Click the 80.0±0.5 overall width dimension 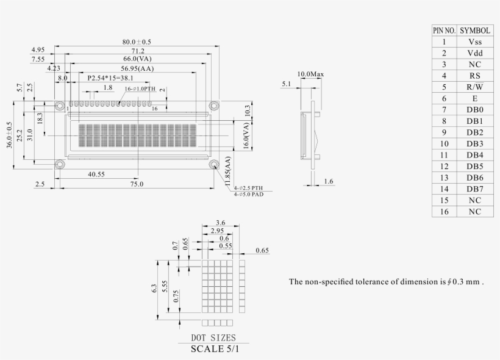coord(136,41)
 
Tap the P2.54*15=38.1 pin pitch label coord(110,78)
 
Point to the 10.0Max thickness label coord(310,74)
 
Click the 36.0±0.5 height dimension coord(9,143)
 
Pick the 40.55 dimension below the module coord(96,174)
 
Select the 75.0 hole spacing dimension coord(137,184)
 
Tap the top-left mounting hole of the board coord(59,105)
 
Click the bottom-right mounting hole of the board coord(214,165)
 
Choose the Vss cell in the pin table coord(475,41)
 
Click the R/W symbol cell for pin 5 coord(475,87)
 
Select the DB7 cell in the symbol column coord(475,189)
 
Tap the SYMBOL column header coord(475,30)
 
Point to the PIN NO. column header coord(444,30)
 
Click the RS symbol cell coord(475,75)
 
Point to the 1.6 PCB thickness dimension coord(328,181)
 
